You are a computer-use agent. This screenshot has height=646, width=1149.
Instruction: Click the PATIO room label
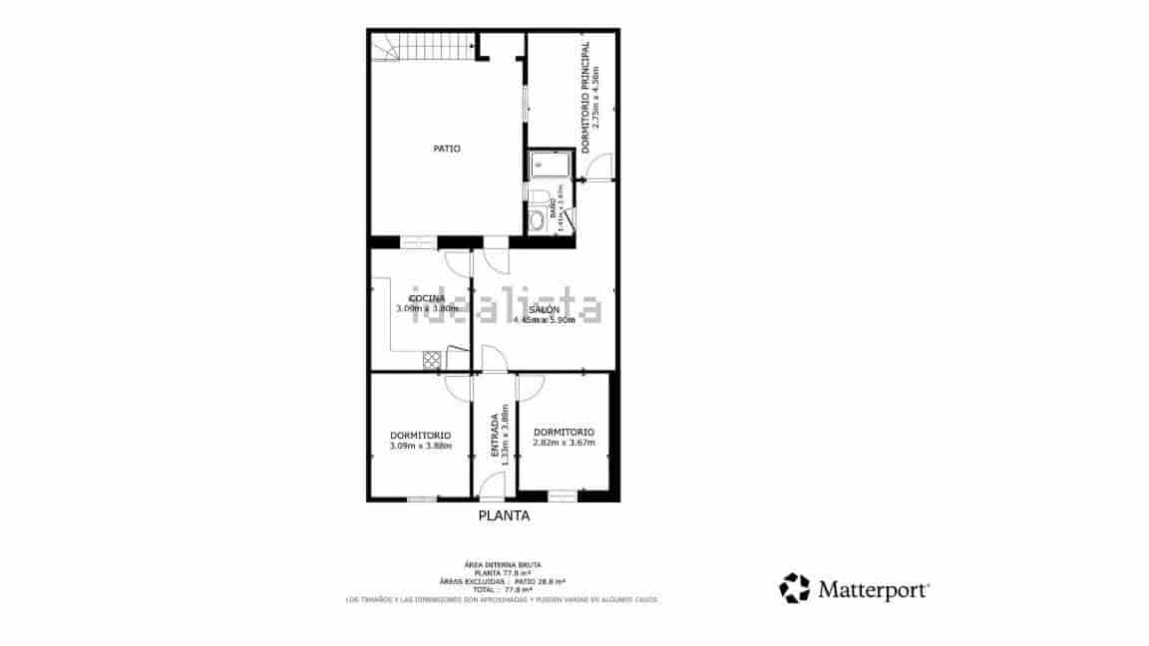(446, 149)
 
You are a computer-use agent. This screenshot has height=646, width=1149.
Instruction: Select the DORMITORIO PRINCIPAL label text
(585, 96)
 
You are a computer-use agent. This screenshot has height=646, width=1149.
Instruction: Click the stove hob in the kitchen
(432, 357)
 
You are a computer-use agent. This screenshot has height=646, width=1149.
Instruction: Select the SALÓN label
(544, 310)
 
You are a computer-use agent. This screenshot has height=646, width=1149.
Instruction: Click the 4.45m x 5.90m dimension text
(544, 320)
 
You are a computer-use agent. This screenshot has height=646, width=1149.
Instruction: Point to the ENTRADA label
(495, 435)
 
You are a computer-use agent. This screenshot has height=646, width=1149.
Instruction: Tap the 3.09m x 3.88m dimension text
(420, 446)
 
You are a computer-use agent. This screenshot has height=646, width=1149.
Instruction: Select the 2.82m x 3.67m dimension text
(564, 443)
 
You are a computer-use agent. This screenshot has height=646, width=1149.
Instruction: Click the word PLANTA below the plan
(504, 516)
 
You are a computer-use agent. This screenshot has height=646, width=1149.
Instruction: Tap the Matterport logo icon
(794, 588)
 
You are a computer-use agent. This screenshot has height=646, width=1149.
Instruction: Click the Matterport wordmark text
(874, 589)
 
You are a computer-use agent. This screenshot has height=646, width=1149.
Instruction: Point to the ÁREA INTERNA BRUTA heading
(503, 565)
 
